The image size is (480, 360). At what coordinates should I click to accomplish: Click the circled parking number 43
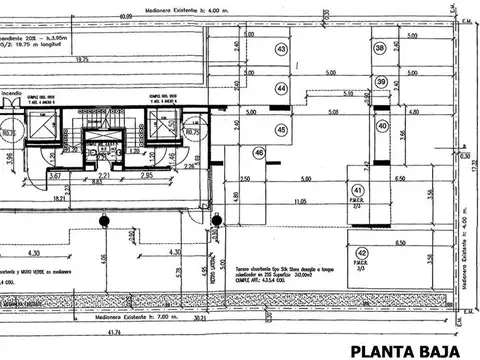282,49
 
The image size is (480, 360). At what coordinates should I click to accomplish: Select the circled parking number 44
282,89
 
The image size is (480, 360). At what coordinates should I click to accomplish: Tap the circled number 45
282,130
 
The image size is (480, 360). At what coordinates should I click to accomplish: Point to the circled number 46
259,152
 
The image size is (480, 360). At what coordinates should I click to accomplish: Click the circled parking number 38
380,48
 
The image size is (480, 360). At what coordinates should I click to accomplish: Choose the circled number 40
381,126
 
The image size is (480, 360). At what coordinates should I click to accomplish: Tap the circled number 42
361,253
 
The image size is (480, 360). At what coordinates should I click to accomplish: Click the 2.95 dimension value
146,176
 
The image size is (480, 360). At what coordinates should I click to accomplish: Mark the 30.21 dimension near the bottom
199,323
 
